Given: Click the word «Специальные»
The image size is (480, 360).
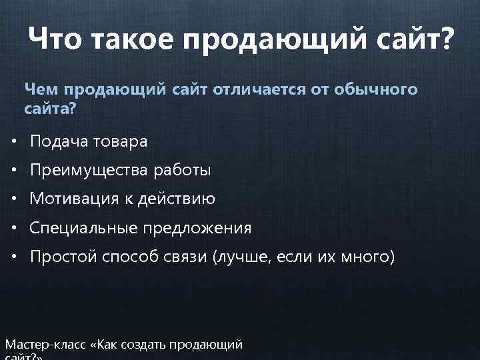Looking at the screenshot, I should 83,229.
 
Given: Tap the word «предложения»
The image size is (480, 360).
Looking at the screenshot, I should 196,229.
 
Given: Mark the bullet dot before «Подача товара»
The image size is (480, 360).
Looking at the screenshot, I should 14,142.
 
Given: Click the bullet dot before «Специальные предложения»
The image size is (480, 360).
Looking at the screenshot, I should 14,229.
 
